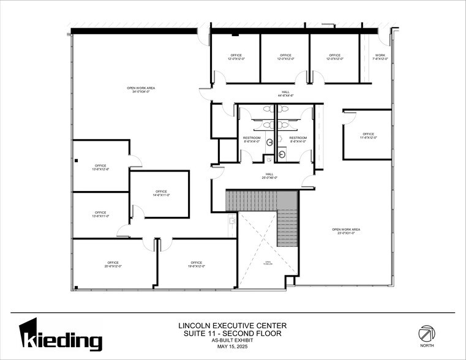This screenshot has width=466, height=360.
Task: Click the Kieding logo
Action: pos(61,336)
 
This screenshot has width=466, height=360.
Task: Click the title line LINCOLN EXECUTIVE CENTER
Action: pos(232,325)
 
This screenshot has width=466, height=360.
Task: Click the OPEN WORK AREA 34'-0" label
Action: pos(141,90)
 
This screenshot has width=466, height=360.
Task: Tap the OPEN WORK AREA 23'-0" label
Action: pos(346,231)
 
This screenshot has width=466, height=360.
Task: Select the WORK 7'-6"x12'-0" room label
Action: pos(380,57)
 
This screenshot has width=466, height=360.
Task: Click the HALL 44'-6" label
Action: pos(286,94)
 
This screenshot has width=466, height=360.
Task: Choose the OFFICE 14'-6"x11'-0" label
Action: pos(161,193)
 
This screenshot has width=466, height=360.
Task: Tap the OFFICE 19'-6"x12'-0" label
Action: pos(196,264)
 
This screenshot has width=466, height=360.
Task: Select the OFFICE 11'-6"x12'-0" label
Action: pos(368,136)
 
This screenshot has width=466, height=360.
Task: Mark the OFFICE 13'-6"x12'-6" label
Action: pos(100,168)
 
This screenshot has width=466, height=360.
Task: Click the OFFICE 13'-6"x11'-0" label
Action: pos(100,215)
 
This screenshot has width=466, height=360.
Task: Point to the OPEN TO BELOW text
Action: pos(268,263)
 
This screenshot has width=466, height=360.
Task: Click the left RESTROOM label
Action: pos(252,140)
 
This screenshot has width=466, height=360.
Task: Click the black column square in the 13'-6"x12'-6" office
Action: pos(77,160)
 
